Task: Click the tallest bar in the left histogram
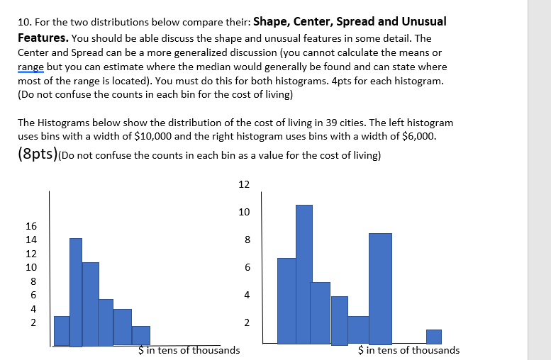[x=76, y=291]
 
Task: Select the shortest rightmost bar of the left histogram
[x=141, y=336]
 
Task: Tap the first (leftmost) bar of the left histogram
[x=62, y=331]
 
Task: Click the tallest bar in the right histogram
[x=304, y=274]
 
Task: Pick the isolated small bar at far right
[x=433, y=337]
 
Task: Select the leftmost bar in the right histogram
[x=286, y=301]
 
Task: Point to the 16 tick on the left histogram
[x=31, y=226]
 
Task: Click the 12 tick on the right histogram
[x=244, y=184]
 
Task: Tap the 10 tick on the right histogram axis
[x=244, y=212]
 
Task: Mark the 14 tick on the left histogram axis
[x=31, y=240]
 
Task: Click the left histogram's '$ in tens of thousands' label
[x=189, y=350]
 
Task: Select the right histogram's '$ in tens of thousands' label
[x=409, y=350]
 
